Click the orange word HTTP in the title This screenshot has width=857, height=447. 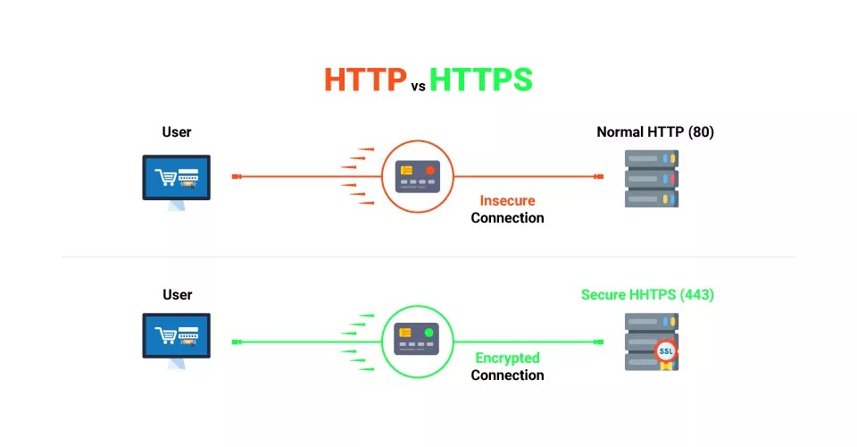(x=364, y=80)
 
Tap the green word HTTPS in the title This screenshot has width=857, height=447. (x=480, y=80)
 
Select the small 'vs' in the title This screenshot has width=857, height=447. (x=418, y=87)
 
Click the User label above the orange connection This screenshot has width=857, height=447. (x=177, y=132)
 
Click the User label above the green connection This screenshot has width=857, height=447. (x=177, y=294)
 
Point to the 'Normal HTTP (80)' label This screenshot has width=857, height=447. (x=655, y=132)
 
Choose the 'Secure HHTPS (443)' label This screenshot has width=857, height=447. (x=647, y=294)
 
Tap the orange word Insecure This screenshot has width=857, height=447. (x=507, y=200)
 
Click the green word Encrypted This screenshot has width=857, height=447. (x=507, y=358)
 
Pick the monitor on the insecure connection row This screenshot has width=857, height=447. (x=177, y=177)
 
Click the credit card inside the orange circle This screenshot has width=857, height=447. (x=418, y=176)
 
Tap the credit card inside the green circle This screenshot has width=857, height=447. (x=418, y=340)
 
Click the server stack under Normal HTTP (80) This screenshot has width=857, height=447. (x=651, y=178)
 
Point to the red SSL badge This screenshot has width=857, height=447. (x=666, y=351)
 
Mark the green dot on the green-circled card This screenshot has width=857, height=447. (x=429, y=333)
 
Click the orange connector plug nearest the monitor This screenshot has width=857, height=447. (x=237, y=177)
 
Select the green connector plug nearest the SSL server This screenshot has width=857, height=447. (x=599, y=342)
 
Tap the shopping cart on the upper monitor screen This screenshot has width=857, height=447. (x=165, y=178)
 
